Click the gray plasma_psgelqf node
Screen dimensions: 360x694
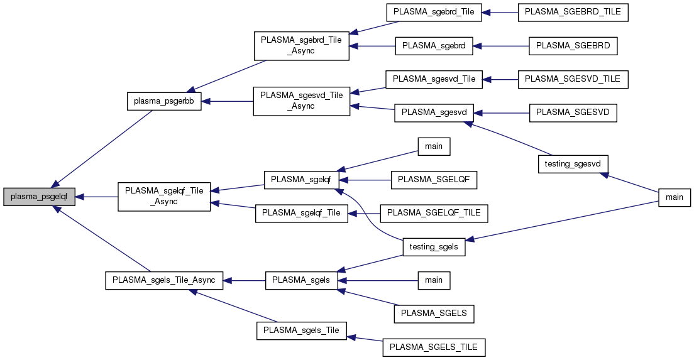point(40,197)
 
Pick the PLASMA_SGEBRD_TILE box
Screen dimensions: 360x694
point(573,13)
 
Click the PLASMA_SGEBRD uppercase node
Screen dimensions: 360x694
point(573,46)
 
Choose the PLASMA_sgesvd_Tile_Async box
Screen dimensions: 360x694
point(301,101)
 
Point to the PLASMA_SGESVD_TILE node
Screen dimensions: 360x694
point(572,79)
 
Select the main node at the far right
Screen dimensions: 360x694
point(674,197)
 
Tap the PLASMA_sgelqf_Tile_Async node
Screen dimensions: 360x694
point(165,197)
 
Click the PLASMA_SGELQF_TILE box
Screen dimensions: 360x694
point(434,213)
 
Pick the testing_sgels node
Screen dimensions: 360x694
point(434,247)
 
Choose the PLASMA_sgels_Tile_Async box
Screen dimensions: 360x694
point(163,280)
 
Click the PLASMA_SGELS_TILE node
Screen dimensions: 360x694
point(434,346)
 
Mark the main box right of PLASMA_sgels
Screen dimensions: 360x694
point(434,280)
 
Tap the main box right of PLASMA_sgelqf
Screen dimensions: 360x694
point(434,146)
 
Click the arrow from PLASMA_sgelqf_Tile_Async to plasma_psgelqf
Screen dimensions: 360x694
point(97,197)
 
